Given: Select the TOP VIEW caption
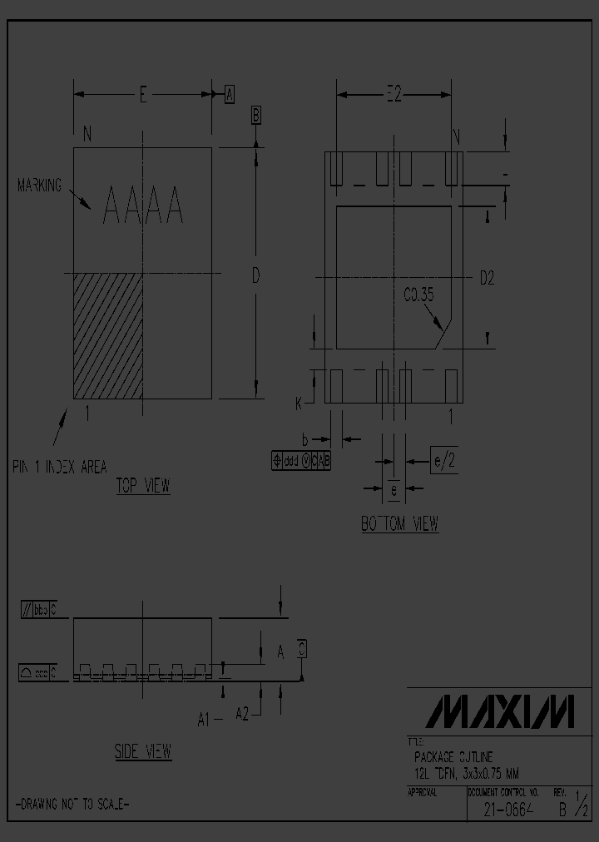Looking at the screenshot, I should (143, 487).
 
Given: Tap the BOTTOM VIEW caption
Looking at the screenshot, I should (399, 524).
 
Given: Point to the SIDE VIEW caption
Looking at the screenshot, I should (143, 751).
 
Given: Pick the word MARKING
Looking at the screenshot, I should (40, 186).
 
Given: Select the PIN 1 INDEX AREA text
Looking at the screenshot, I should (59, 467).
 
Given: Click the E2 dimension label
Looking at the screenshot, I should (393, 96).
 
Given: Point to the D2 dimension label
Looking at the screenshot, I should (487, 279).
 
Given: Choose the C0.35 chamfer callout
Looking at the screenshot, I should (418, 294).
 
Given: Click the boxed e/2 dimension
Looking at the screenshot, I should (443, 460).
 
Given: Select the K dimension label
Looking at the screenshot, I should (299, 404).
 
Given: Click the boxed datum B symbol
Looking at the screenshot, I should (257, 115).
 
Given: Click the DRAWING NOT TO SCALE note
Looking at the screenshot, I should (72, 804).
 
